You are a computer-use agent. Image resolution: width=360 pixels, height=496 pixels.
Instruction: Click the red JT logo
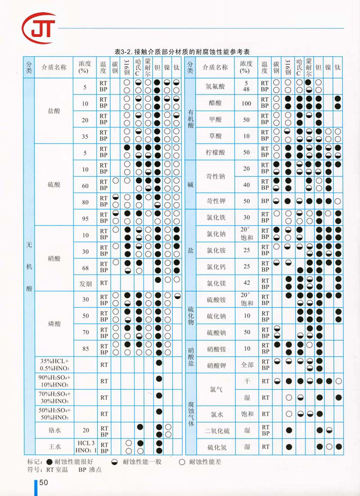click(39, 27)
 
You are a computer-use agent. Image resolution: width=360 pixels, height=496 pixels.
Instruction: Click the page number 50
click(44, 482)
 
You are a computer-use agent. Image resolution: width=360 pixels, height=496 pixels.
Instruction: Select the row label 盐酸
click(54, 111)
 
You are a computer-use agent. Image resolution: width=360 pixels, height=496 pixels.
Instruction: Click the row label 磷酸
click(54, 324)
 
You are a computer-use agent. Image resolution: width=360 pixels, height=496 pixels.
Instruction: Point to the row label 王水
click(54, 446)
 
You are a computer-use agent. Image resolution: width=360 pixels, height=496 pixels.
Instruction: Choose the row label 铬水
click(54, 430)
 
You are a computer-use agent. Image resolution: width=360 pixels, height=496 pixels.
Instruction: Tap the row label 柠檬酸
click(215, 152)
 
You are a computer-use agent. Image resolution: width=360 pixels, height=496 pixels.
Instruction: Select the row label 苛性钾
click(215, 201)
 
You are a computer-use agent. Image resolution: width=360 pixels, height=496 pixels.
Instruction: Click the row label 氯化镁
click(215, 283)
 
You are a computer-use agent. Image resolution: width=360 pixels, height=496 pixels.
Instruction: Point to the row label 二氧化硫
click(217, 430)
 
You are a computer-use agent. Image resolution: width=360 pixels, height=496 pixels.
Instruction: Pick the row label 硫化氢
click(215, 447)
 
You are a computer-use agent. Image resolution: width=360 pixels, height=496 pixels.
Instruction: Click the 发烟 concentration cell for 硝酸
click(85, 283)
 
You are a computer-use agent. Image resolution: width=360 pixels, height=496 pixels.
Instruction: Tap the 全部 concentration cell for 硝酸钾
click(246, 365)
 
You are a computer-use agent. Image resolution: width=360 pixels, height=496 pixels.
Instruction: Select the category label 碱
click(190, 185)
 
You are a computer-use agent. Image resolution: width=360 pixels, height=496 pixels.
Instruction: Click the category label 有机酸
click(190, 119)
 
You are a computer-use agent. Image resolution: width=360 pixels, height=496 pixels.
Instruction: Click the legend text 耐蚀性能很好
click(73, 462)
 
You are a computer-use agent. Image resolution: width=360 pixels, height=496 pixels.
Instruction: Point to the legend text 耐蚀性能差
click(205, 462)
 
